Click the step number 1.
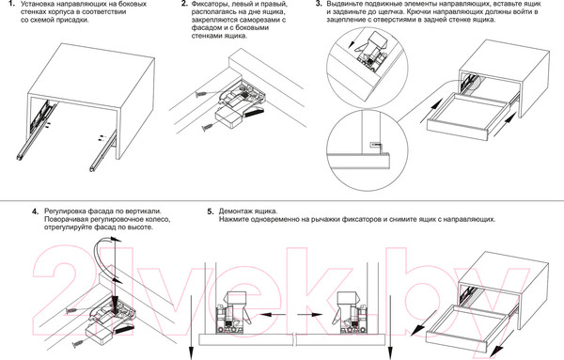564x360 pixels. (x=11, y=5)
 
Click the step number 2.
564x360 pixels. (x=184, y=5)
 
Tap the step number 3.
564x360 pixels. (x=319, y=4)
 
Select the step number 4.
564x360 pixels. (x=36, y=211)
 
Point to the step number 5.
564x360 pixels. (x=211, y=211)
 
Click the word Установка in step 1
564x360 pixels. (x=37, y=5)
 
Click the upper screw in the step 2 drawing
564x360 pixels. (x=202, y=94)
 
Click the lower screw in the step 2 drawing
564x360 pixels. (x=209, y=127)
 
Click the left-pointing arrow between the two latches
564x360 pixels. (x=273, y=315)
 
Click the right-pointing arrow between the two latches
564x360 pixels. (x=310, y=315)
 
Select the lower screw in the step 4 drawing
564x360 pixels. (x=79, y=345)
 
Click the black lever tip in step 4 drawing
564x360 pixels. (x=126, y=328)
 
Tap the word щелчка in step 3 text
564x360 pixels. (x=391, y=12)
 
